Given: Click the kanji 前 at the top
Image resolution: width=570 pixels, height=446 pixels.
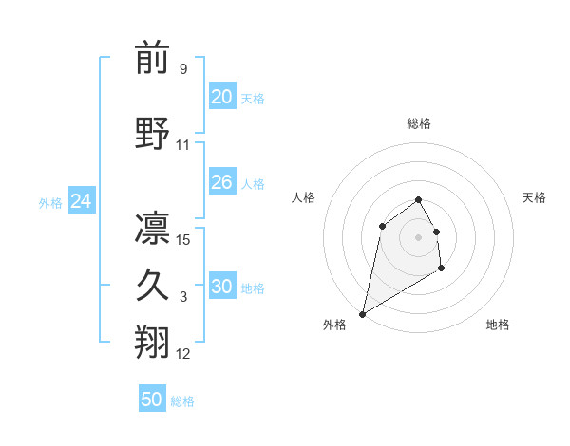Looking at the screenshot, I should tap(152, 60).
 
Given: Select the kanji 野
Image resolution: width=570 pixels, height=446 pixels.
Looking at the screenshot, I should tap(152, 133).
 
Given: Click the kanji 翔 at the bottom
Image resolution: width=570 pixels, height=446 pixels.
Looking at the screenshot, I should tap(152, 344).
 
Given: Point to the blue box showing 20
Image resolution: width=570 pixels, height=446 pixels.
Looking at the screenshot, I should tap(221, 97).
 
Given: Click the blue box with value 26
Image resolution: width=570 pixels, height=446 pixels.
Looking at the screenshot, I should tap(221, 182).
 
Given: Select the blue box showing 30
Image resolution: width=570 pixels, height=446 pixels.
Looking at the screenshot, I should tap(221, 287).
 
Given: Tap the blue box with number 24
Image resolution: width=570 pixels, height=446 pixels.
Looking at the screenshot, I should tap(81, 201).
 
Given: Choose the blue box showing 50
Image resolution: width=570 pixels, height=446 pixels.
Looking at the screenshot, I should tap(152, 400).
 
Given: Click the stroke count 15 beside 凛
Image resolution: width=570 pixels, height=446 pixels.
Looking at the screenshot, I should tap(183, 240).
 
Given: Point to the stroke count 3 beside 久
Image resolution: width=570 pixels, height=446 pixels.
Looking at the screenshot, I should tap(183, 297).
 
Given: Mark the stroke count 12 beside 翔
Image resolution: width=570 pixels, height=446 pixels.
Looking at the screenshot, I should tap(183, 354).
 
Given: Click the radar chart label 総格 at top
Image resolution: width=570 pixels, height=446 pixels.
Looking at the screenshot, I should tap(419, 123).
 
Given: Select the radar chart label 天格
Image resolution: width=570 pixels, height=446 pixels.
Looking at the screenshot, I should tap(535, 197).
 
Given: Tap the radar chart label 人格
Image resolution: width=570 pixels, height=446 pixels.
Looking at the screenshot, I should tap(304, 197).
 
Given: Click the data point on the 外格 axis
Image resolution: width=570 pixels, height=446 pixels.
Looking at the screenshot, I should tap(363, 313).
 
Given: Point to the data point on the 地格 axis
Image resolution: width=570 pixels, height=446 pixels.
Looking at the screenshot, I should tap(441, 269).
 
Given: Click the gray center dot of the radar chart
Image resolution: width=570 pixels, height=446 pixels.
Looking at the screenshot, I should tap(419, 236).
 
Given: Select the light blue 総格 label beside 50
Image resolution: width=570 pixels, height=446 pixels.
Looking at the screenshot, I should tap(182, 401).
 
